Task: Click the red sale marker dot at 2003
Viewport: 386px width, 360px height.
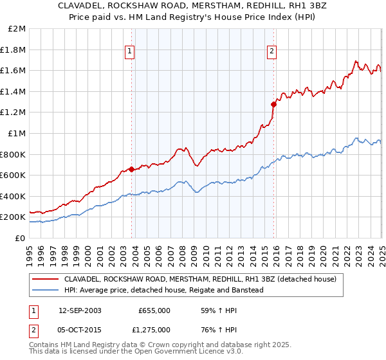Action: [131, 170]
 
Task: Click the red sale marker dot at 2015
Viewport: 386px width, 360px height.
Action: [273, 104]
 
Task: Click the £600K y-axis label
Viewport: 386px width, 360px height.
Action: [14, 175]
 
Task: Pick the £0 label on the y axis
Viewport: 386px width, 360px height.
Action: [20, 238]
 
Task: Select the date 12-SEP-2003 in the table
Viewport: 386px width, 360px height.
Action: [80, 310]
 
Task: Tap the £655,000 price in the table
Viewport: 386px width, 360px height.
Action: [154, 310]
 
